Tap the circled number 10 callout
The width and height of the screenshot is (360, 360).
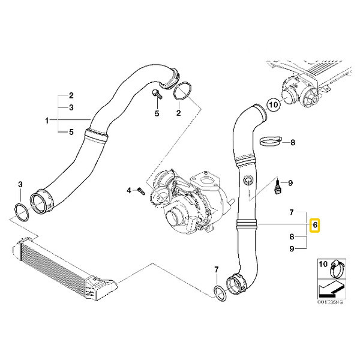pyautogui.click(x=274, y=104)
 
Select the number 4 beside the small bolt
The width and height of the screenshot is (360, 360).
pyautogui.click(x=128, y=191)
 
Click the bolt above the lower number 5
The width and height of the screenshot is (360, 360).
pyautogui.click(x=155, y=94)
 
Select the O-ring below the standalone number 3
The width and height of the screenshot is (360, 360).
pyautogui.click(x=22, y=211)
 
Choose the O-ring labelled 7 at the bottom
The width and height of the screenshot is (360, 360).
pyautogui.click(x=220, y=292)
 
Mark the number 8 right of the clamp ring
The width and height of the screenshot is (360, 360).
pyautogui.click(x=293, y=143)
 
